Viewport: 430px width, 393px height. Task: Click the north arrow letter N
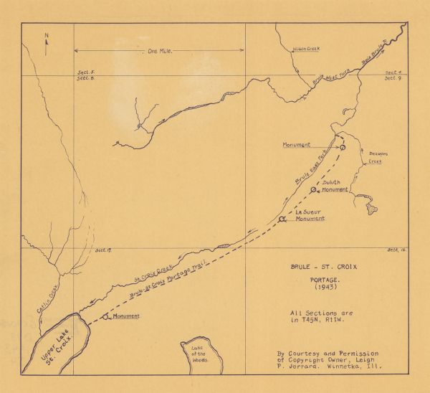pyautogui.click(x=47, y=34)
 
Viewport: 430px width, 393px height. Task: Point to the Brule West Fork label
pyautogui.click(x=330, y=78)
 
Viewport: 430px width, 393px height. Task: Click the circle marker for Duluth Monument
pyautogui.click(x=314, y=190)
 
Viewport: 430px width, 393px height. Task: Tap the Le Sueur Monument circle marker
pyautogui.click(x=283, y=220)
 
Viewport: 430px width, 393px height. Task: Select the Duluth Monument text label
pyautogui.click(x=335, y=187)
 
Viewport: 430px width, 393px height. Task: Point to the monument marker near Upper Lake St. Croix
pyautogui.click(x=106, y=316)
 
